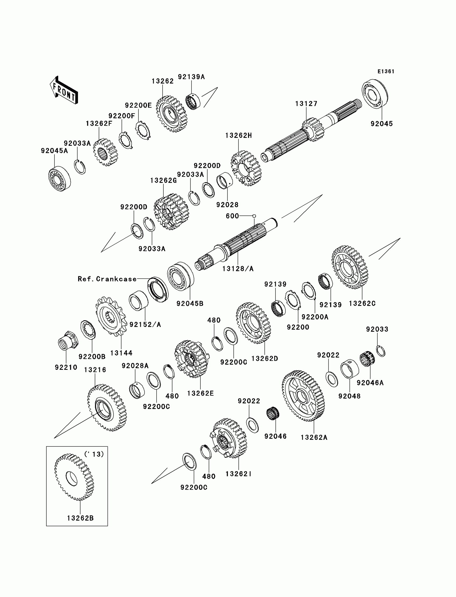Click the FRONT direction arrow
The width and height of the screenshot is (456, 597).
[64, 90]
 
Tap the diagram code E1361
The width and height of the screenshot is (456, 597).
[386, 71]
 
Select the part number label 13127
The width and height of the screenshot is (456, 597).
[306, 104]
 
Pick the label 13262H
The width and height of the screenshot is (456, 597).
[238, 135]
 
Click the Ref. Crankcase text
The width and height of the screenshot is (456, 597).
[107, 279]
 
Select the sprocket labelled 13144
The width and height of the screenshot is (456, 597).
[111, 316]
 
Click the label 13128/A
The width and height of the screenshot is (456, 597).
[238, 269]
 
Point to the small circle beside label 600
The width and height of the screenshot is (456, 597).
[254, 216]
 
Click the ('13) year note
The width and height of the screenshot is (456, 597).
[94, 454]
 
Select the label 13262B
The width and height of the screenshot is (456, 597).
[80, 518]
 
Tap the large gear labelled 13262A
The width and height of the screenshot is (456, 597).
[303, 396]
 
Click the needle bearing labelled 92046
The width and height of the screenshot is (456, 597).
[273, 414]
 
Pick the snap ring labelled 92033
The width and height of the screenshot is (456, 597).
[381, 351]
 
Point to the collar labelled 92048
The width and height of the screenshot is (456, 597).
[350, 369]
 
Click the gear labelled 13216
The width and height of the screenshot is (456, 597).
[107, 408]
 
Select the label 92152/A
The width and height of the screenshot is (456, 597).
[145, 324]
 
